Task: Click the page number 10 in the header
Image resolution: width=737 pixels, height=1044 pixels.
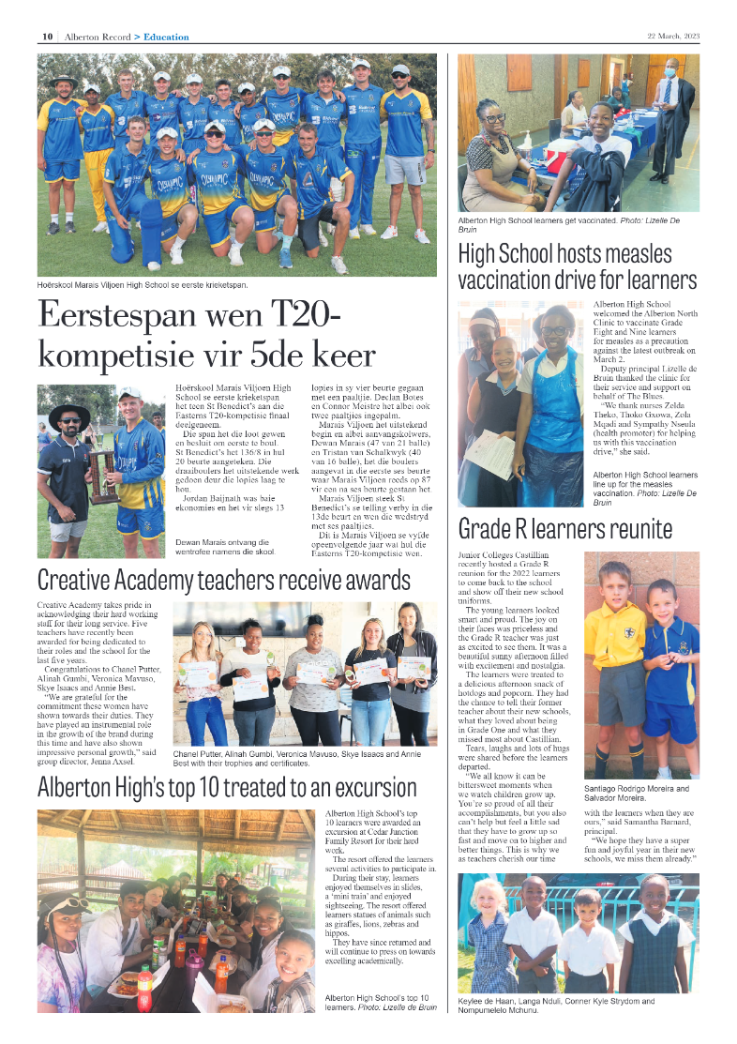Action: click(x=46, y=38)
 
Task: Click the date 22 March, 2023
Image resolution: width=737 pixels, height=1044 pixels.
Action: click(x=673, y=38)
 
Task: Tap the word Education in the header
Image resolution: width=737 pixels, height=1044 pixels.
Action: click(x=166, y=38)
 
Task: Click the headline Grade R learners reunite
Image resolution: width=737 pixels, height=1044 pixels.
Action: click(x=564, y=529)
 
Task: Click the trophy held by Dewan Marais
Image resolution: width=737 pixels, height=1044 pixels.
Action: click(x=102, y=474)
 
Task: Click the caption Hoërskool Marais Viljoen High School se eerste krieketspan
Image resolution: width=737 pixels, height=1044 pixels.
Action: click(x=143, y=284)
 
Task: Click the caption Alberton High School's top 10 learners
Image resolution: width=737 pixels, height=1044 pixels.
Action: click(x=380, y=1002)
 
